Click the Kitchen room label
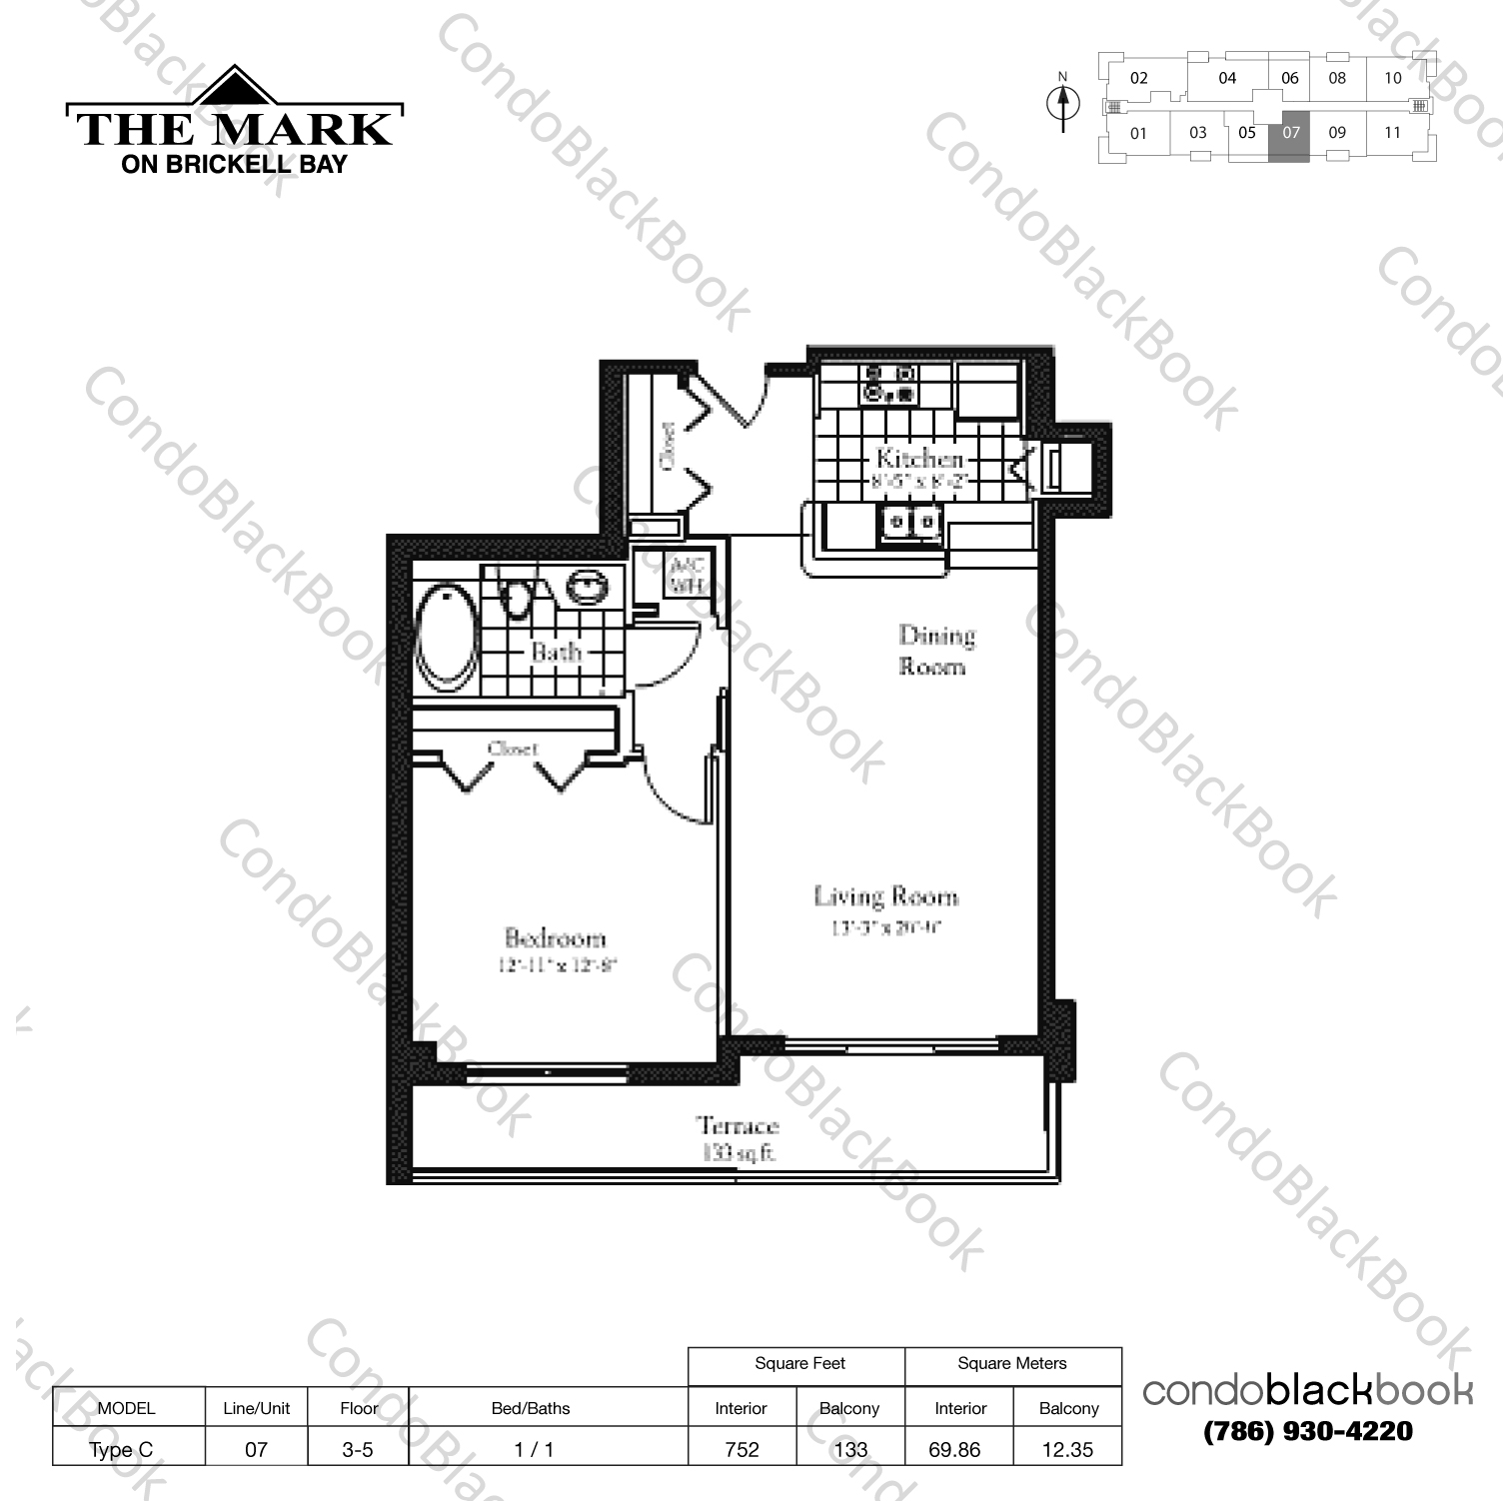point(919,459)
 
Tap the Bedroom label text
point(556,938)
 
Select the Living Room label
point(885,896)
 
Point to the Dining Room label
point(935,650)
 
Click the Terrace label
point(738,1126)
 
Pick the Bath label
point(556,652)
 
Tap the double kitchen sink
point(911,523)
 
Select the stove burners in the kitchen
point(889,384)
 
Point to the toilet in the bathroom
point(516,597)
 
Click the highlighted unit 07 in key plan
point(1290,133)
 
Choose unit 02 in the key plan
point(1139,78)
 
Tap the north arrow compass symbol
point(1063,103)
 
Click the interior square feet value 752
point(742,1449)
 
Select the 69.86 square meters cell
point(954,1449)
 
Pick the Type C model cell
point(121,1449)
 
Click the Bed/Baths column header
point(531,1408)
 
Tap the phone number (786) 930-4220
point(1307,1431)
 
